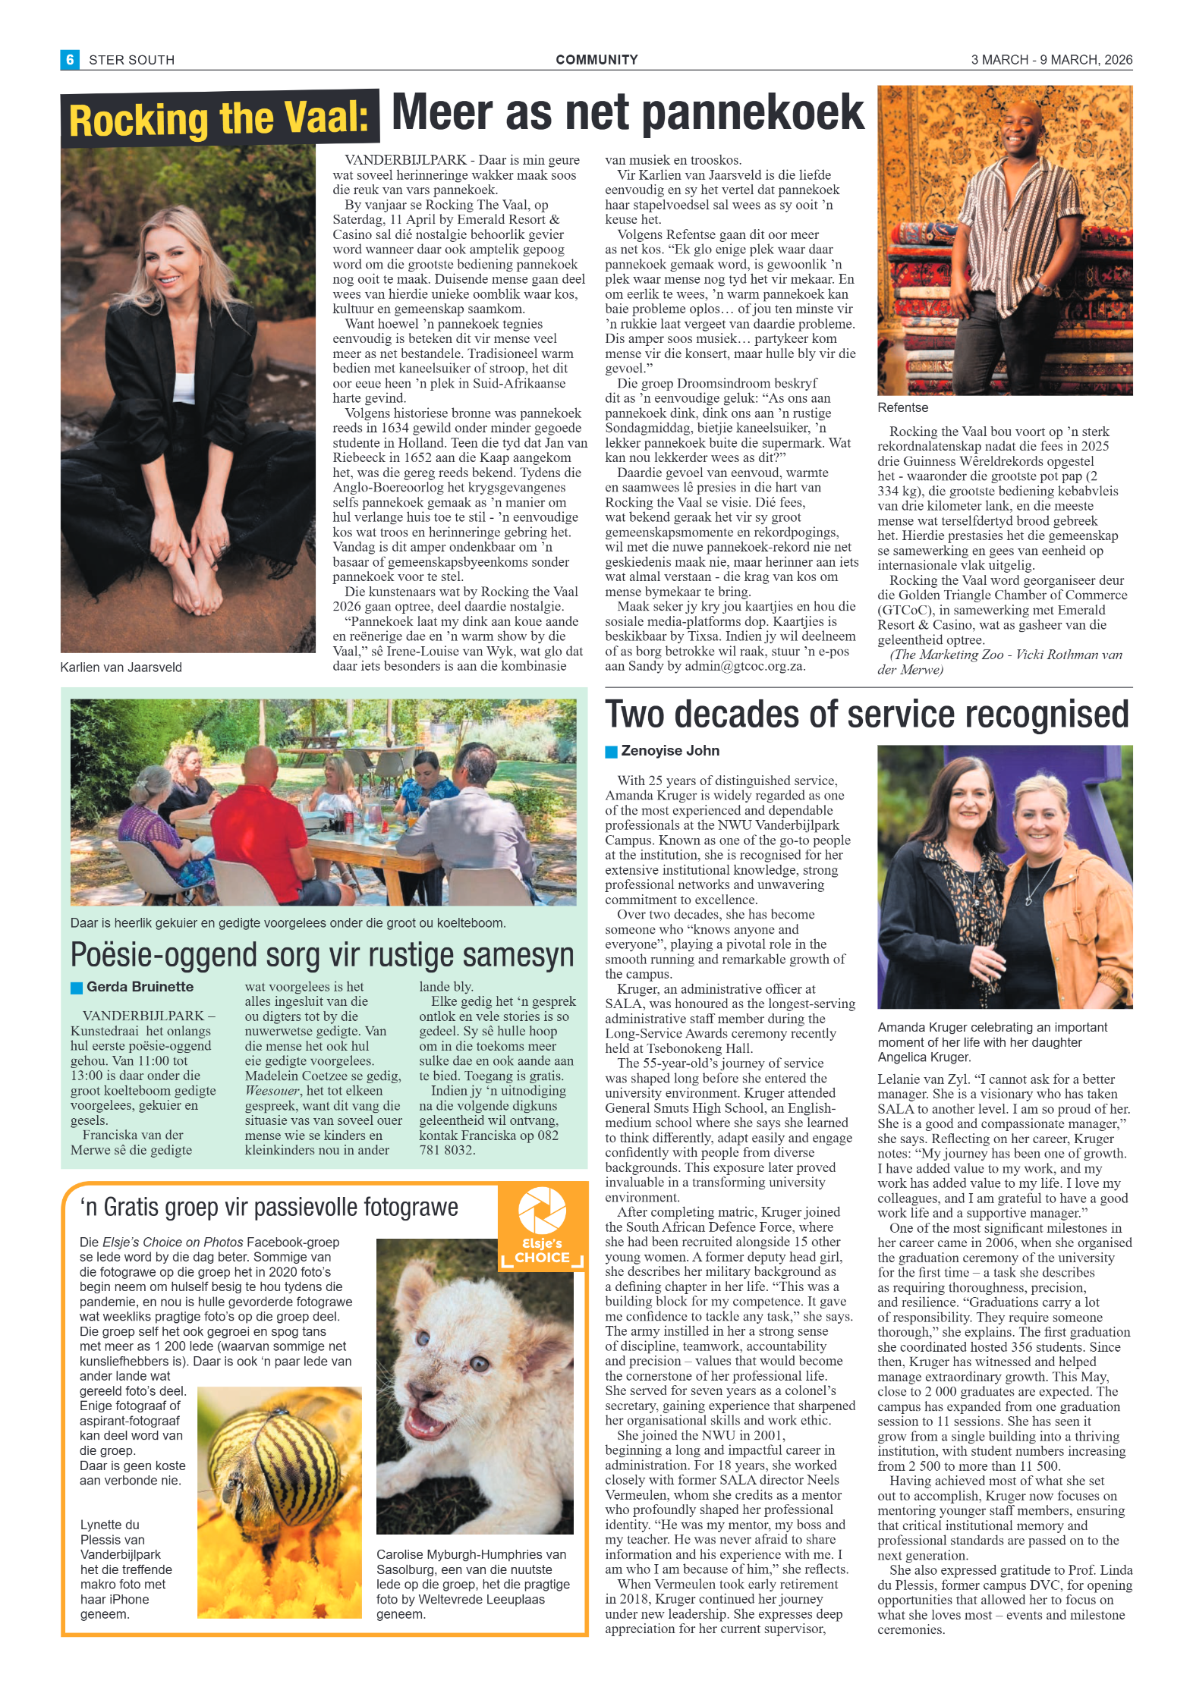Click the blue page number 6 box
click(70, 59)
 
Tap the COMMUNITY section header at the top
click(596, 60)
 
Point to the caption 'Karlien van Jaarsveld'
click(121, 668)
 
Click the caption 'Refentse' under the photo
click(902, 408)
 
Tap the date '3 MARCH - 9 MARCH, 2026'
click(1051, 60)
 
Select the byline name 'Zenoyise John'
click(670, 751)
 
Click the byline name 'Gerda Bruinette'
click(140, 987)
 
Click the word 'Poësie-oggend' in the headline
click(164, 955)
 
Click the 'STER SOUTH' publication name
click(131, 60)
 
